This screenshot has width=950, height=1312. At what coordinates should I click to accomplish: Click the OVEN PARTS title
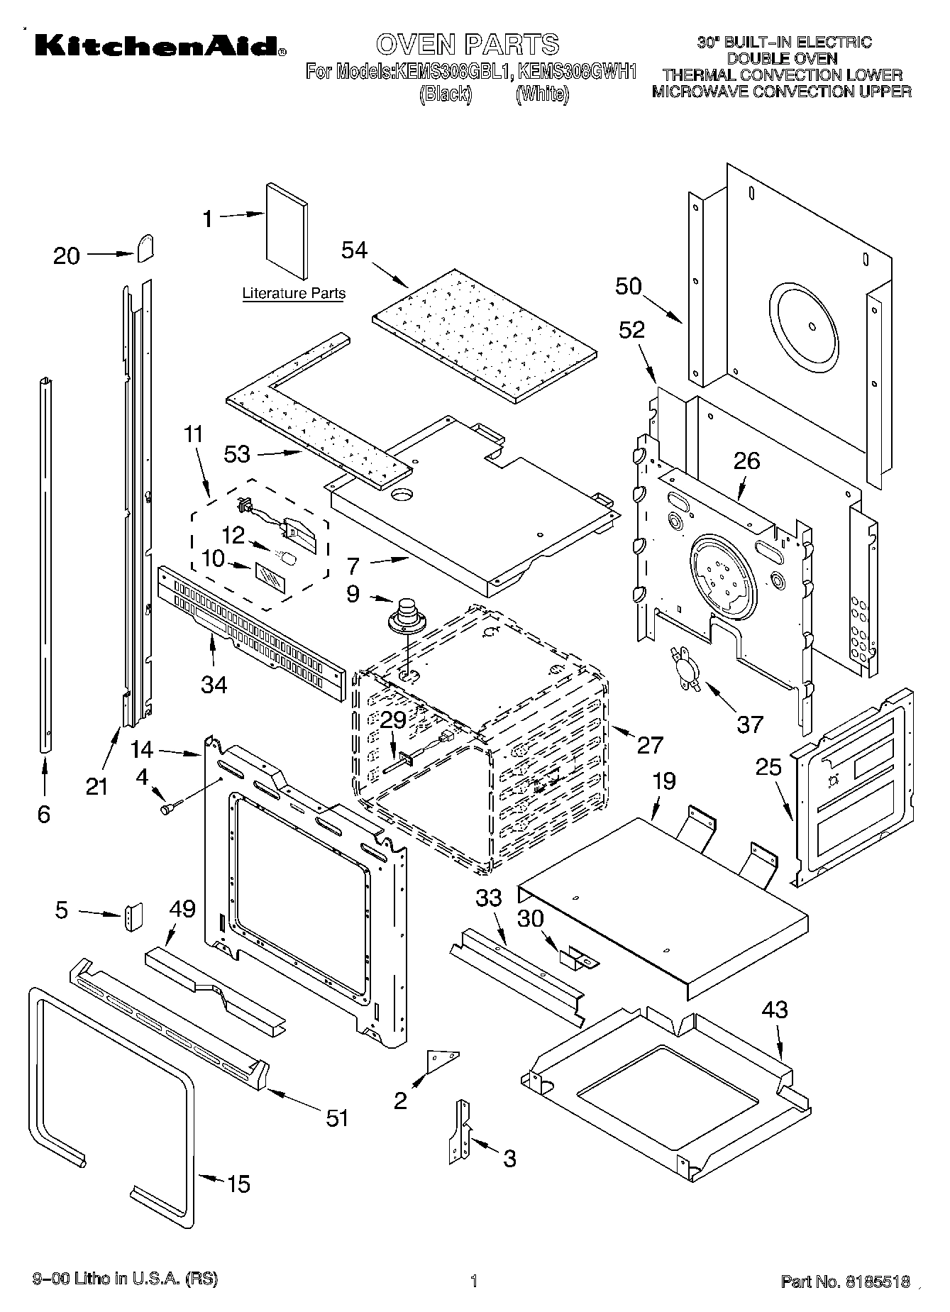[x=468, y=44]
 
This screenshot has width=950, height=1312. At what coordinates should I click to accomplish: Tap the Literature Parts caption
[x=294, y=293]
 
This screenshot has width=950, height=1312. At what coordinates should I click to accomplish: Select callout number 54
[x=355, y=250]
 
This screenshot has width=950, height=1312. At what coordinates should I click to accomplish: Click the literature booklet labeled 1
[x=287, y=231]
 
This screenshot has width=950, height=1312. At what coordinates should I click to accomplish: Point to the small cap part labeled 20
[x=145, y=248]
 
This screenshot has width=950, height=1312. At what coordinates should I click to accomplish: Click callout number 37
[x=749, y=724]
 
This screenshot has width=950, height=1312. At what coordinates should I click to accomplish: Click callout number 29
[x=393, y=720]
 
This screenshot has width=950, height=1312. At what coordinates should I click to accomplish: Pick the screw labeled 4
[x=171, y=807]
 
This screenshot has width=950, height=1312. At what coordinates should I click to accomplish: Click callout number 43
[x=773, y=1009]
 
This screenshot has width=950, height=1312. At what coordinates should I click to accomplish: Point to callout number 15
[x=238, y=1184]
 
